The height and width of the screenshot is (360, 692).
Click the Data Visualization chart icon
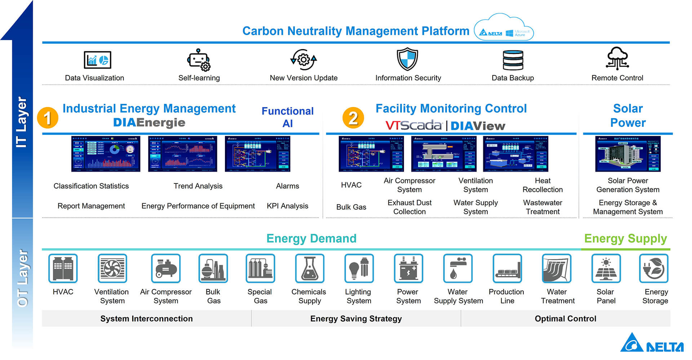point(97,60)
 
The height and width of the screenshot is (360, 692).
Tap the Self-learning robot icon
point(199,60)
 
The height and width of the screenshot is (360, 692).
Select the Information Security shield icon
point(407,59)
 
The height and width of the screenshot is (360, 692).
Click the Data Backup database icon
point(513,60)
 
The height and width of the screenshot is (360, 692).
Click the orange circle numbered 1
point(48,118)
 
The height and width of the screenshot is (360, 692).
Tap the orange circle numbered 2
point(353,118)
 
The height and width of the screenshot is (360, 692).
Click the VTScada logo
point(413,125)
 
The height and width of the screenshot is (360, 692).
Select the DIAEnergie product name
point(149,123)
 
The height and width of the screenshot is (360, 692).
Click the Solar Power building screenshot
point(627,154)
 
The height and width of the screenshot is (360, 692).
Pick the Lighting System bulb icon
point(359,268)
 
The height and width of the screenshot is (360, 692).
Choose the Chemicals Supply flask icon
point(309,268)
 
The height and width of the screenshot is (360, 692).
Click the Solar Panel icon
point(606,268)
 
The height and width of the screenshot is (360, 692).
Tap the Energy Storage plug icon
point(653,268)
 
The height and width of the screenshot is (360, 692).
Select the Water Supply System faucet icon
point(457,268)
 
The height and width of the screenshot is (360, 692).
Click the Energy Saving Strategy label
point(356,319)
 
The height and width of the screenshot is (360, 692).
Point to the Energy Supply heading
point(625,239)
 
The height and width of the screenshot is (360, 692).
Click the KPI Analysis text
point(287,206)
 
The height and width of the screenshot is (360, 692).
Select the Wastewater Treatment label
point(542,207)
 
